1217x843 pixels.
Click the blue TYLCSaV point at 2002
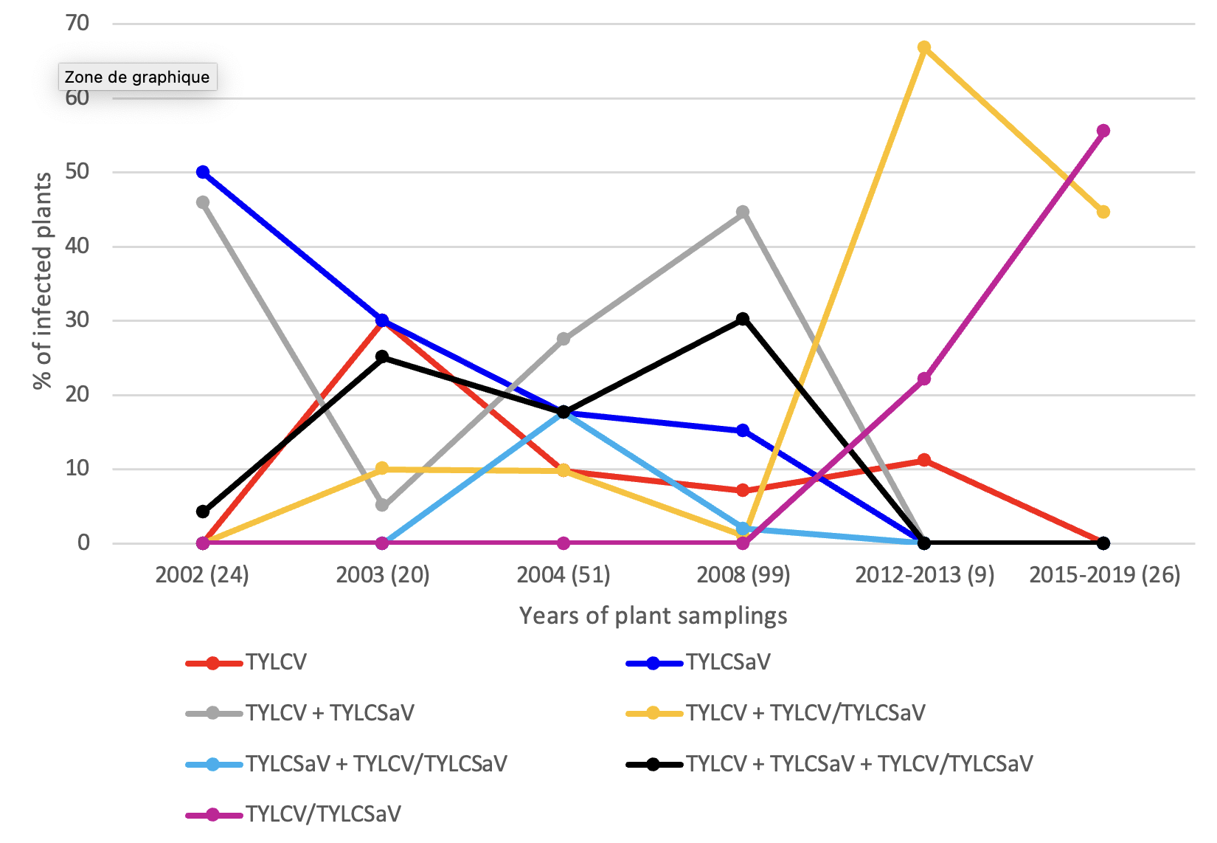203,172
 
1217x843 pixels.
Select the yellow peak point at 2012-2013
923,48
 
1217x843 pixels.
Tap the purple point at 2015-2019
1103,131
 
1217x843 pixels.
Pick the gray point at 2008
743,213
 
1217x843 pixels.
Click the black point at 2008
743,319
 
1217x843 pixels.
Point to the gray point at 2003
382,505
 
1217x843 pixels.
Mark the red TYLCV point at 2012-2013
923,460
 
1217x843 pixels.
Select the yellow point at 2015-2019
1103,212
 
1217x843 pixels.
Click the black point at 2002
203,512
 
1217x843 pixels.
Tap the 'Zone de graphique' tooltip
137,77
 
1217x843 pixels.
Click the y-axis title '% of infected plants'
43,281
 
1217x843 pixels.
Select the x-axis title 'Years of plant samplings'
653,615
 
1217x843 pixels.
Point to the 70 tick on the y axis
77,24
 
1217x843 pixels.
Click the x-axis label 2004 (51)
564,574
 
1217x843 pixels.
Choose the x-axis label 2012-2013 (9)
924,574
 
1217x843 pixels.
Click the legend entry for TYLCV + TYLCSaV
330,712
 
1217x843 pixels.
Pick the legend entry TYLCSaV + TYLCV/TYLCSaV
376,763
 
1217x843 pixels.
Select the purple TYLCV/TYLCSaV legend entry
323,814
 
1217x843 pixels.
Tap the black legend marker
653,764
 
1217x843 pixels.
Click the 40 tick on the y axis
77,246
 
